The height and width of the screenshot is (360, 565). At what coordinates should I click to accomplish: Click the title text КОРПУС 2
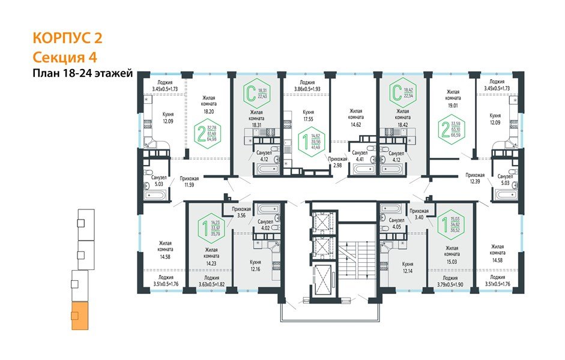pyautogui.click(x=67, y=39)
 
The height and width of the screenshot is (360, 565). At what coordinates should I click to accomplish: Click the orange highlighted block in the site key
pyautogui.click(x=79, y=317)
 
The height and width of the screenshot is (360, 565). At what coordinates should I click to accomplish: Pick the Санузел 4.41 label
pyautogui.click(x=360, y=156)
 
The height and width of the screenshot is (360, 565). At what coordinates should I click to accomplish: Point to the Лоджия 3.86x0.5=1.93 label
pyautogui.click(x=308, y=86)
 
